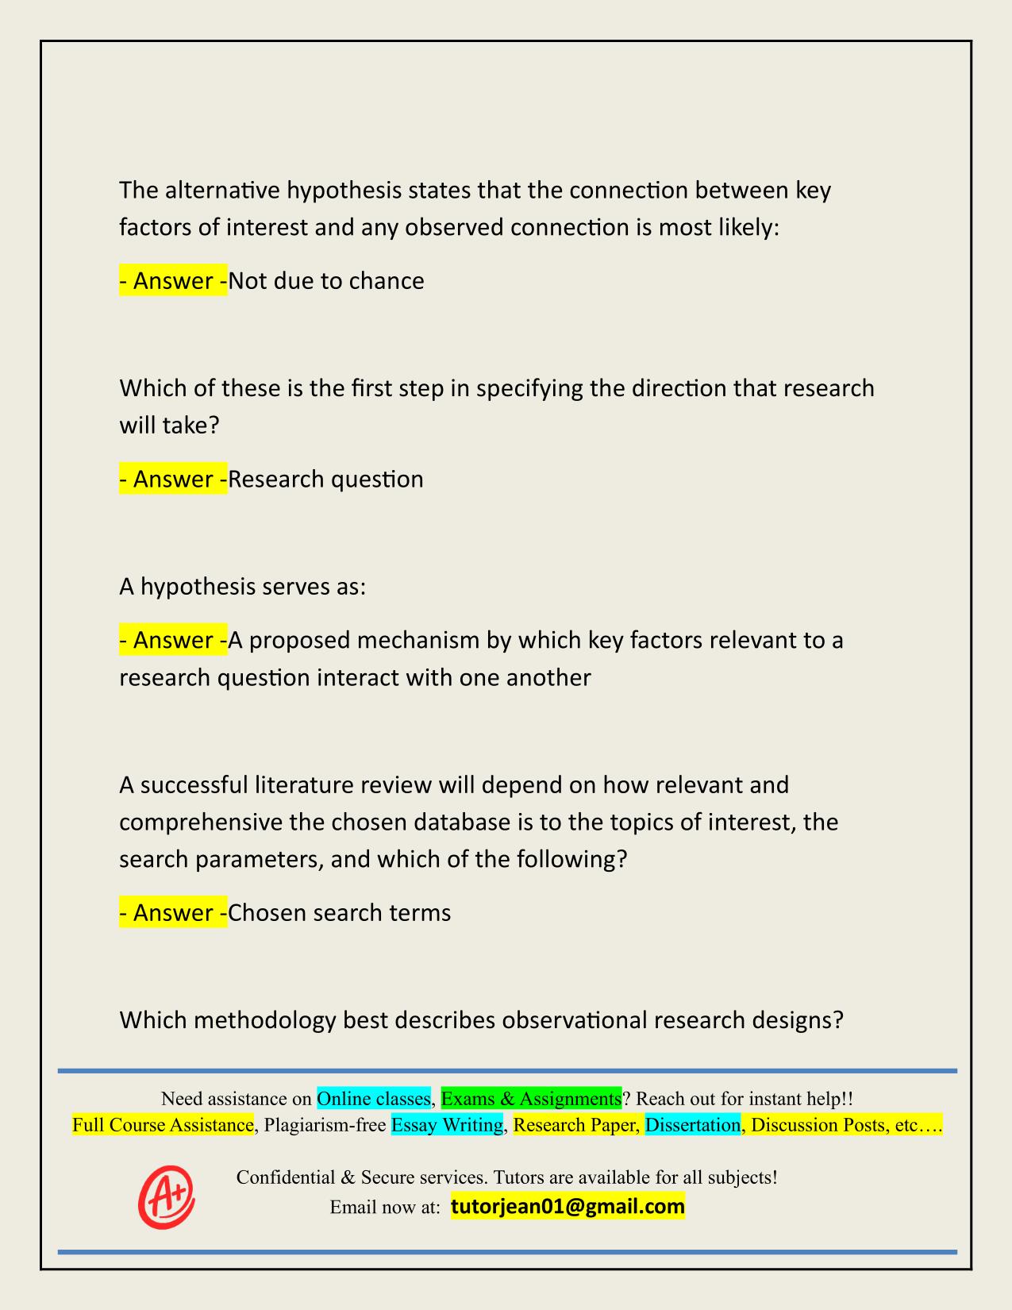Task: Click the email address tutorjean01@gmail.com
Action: pos(568,1207)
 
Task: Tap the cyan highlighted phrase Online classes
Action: pos(373,1099)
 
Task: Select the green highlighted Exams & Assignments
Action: pos(531,1099)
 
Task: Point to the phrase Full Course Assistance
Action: pos(163,1125)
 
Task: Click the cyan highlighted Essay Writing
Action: pos(447,1125)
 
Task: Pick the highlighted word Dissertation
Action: pos(693,1125)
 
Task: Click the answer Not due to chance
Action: pos(326,281)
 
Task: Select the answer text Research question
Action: pos(326,480)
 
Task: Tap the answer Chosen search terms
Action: pos(340,913)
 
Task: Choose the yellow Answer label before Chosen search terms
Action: pos(173,913)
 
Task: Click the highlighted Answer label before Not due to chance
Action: pos(173,281)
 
